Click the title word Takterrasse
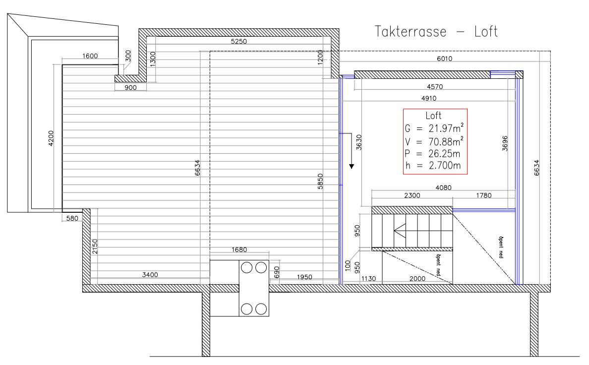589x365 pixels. [410, 32]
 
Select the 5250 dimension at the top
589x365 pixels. [239, 41]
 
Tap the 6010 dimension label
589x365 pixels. [444, 59]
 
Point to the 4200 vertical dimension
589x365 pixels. [51, 138]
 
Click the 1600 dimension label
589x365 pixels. [90, 56]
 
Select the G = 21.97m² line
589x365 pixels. [434, 128]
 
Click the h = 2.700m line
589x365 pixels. [433, 166]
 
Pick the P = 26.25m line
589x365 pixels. [432, 154]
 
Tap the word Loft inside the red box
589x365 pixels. [433, 116]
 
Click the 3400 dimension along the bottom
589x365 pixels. [150, 275]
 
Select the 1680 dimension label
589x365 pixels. [239, 249]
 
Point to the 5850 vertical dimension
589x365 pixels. [320, 181]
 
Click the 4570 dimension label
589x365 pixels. [435, 87]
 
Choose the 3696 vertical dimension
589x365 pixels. [505, 144]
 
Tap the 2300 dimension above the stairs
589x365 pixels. [412, 195]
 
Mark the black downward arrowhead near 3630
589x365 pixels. [352, 166]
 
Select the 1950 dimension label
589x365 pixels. [304, 277]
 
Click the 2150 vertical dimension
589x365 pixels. [95, 246]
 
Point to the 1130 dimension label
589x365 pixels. [368, 279]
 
